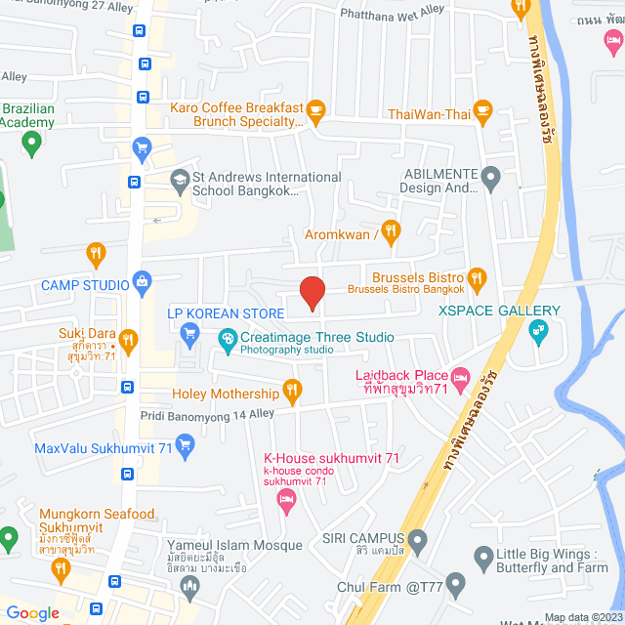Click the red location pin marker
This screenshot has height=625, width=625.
(x=312, y=293)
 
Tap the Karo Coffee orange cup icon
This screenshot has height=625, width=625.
(x=315, y=109)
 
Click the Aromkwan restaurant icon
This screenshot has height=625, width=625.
(x=391, y=231)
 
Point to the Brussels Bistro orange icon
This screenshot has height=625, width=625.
(x=477, y=278)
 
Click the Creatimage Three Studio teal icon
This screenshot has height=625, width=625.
(x=227, y=339)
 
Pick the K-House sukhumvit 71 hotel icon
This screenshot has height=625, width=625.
(x=286, y=502)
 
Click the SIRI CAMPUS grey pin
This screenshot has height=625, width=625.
(x=418, y=538)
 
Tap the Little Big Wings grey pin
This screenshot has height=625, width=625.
(x=482, y=560)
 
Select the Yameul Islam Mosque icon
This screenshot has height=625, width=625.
(x=189, y=586)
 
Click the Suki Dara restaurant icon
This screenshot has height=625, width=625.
(x=128, y=340)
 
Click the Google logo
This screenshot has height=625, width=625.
(x=32, y=612)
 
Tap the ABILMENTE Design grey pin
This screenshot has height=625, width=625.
(x=491, y=179)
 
